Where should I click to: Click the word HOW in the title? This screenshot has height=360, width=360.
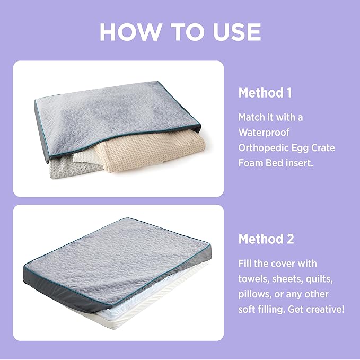click(130, 32)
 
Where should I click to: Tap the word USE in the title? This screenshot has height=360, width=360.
click(237, 32)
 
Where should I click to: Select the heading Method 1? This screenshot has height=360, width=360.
click(265, 93)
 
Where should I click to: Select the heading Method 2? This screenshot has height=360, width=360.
click(266, 239)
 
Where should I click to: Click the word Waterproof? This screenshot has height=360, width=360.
click(264, 133)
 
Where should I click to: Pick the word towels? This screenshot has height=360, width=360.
click(253, 279)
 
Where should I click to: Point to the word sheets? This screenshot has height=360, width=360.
click(287, 279)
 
